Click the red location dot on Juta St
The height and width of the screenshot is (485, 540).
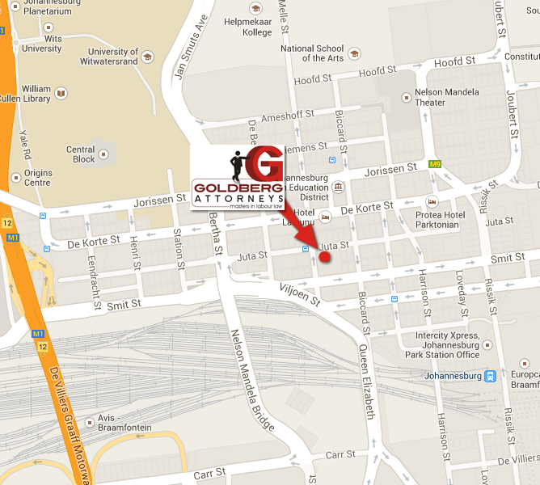point(325,257)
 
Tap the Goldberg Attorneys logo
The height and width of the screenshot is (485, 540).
point(238,179)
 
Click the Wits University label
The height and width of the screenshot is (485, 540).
point(41,44)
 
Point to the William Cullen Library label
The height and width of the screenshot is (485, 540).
point(36,93)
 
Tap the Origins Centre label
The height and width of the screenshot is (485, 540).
point(37,177)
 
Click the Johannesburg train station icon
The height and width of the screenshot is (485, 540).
point(489,376)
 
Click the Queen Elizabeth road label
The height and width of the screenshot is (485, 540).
point(366,379)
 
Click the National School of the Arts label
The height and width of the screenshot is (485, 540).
point(312,53)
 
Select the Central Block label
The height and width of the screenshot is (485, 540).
point(81,154)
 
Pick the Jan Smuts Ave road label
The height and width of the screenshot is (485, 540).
point(190,48)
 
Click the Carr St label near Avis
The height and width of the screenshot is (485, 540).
point(209,473)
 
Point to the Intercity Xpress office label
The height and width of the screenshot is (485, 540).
point(448,344)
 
